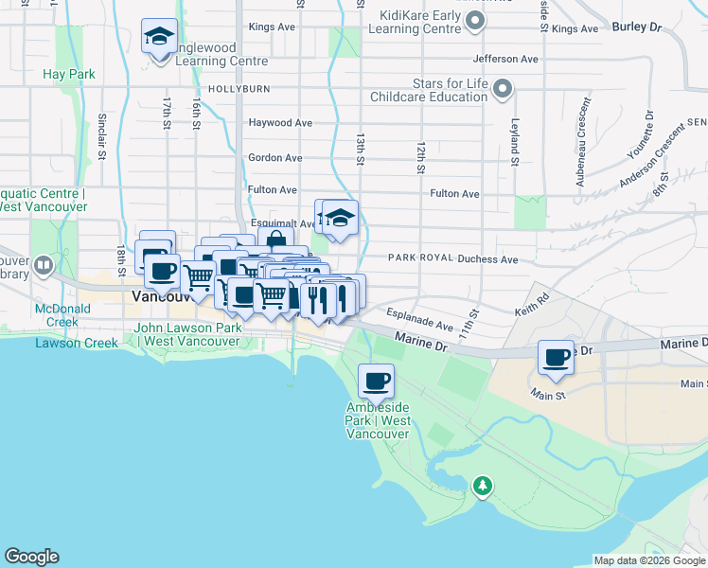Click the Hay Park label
point(69,74)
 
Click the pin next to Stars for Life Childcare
point(503,90)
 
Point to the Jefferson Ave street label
point(505,59)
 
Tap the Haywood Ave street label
point(280,123)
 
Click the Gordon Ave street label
point(274,158)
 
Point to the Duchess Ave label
point(487,258)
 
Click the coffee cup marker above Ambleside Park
point(376,382)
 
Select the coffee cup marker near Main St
point(556,358)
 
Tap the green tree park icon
point(483,487)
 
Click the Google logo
point(31,557)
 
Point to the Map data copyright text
point(648,560)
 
